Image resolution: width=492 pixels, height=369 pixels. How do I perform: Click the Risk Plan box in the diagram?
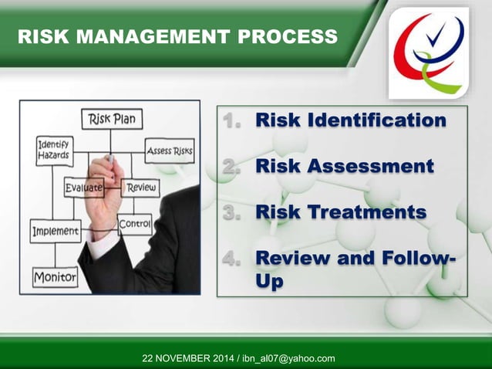[x=110, y=120]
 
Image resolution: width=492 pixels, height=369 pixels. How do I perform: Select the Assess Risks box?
[x=169, y=151]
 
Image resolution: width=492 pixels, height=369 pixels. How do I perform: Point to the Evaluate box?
[x=84, y=187]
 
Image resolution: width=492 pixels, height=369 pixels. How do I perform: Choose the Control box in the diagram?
[x=135, y=224]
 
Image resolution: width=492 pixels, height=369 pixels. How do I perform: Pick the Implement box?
[x=55, y=231]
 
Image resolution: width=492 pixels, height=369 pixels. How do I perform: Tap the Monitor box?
[x=55, y=276]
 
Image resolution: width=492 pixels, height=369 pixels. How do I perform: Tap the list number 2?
[x=233, y=166]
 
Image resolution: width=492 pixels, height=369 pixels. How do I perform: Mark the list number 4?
[x=233, y=257]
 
